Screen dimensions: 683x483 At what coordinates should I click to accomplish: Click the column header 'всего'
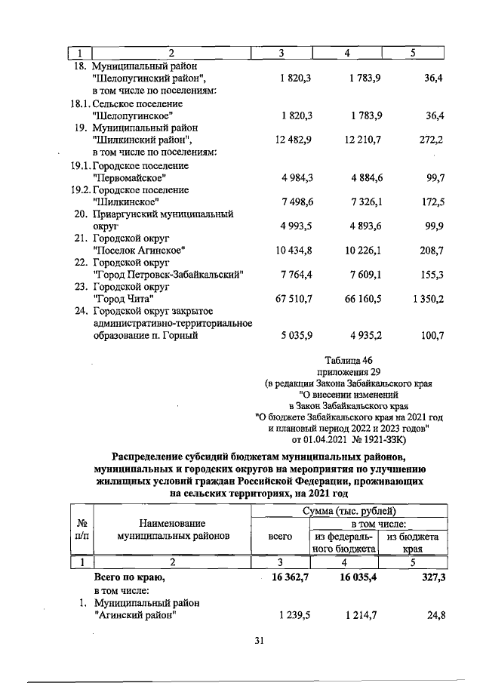click(280, 536)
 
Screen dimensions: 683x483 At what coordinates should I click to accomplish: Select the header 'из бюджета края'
click(413, 542)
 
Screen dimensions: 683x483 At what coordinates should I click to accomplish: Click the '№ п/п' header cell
click(80, 529)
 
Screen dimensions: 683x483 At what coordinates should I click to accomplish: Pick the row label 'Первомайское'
click(128, 177)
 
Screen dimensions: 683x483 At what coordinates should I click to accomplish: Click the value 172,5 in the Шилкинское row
click(430, 202)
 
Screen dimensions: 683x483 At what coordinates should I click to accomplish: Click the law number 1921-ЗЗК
click(383, 438)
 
